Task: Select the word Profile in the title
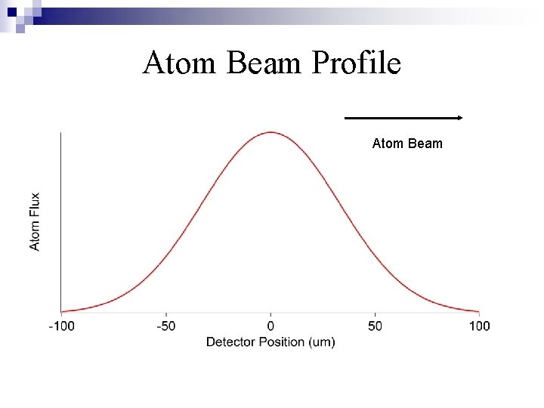coord(355,63)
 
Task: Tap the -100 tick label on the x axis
coord(61,326)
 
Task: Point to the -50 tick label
coord(166,326)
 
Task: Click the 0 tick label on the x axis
coord(270,326)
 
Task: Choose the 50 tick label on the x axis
coord(376,326)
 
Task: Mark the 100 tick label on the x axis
coord(479,326)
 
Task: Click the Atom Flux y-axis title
coord(36,221)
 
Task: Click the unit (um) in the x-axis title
coord(323,342)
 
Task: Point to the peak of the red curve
coord(270,132)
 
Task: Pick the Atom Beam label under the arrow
coord(407,144)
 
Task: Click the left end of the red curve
coord(62,311)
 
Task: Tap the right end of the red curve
coord(478,311)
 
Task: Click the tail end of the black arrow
coord(346,118)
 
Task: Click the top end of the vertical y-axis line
coord(61,133)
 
